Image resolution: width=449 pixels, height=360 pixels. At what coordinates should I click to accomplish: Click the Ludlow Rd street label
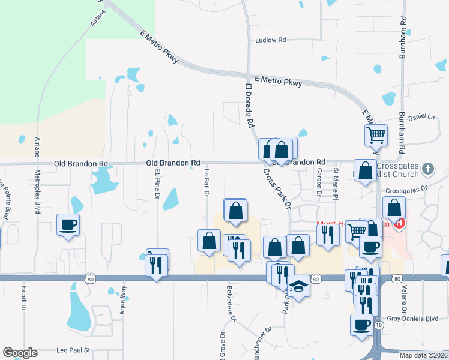[x=270, y=40]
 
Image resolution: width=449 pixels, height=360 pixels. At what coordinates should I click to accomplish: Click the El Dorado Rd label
[x=249, y=105]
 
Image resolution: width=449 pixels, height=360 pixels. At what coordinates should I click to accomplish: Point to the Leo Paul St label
[x=73, y=349]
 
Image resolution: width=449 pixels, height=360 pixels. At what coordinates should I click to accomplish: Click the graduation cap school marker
[x=298, y=287]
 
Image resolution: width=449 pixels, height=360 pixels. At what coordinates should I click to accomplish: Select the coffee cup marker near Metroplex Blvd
[x=68, y=225]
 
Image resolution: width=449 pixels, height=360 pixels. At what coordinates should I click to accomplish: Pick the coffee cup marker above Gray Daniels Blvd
[x=362, y=325]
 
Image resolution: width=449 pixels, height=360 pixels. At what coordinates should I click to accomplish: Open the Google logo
[x=20, y=353]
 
